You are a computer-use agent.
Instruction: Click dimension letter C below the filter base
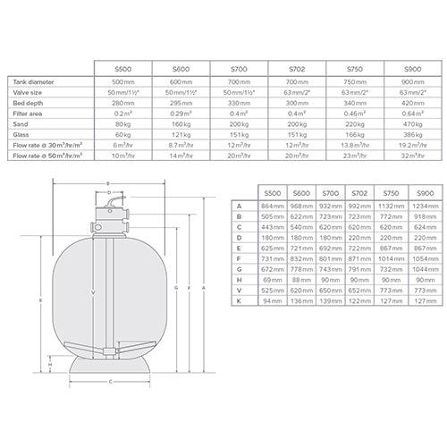(109, 380)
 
